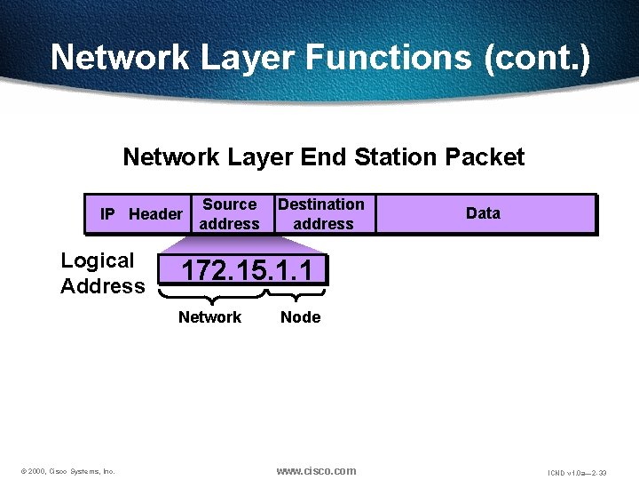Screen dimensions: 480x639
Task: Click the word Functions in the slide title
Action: tap(389, 57)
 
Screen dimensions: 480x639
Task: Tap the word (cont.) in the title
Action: tap(536, 57)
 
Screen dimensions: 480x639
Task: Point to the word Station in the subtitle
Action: tap(395, 157)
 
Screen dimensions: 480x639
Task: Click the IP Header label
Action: tap(141, 214)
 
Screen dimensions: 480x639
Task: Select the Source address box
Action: tap(229, 214)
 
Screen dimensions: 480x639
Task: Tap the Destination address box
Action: tap(321, 214)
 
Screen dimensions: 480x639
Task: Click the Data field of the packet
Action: tap(483, 213)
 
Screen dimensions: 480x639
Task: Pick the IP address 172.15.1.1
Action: tap(246, 269)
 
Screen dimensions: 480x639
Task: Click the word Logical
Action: tap(98, 261)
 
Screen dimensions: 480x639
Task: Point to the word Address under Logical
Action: tap(102, 286)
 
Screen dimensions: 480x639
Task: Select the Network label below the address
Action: tap(209, 317)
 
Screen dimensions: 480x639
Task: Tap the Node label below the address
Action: tap(300, 317)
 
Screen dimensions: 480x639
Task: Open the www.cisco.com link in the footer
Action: tap(316, 470)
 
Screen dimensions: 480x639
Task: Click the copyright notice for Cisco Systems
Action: tap(67, 471)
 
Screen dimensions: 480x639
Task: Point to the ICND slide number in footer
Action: tap(576, 472)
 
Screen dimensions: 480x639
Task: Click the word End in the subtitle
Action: tap(324, 157)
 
